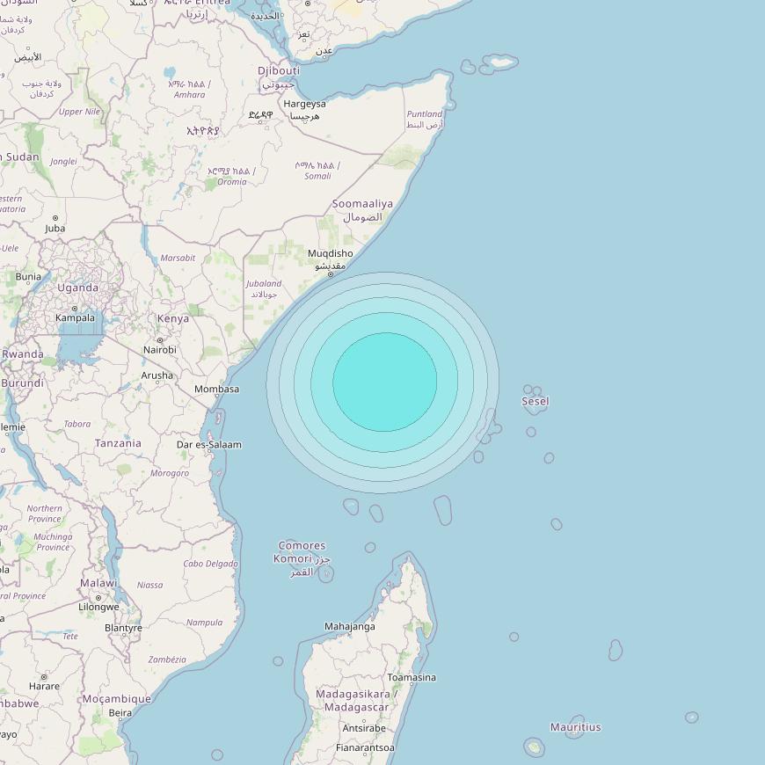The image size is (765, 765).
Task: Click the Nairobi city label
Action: point(160,350)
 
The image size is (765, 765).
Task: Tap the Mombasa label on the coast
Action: point(216,389)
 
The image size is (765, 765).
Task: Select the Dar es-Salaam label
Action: point(208,445)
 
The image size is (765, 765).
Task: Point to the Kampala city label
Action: point(75,317)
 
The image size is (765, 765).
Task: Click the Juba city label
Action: point(55,229)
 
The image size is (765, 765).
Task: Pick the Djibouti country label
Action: point(279,70)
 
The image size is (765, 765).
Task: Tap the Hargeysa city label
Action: point(304,104)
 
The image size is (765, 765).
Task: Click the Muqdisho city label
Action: point(330,254)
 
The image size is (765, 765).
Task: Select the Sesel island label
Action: point(535,402)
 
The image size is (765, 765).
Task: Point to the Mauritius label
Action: point(575,727)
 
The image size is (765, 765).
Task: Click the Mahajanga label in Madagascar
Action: point(349,627)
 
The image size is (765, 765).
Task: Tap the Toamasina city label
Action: point(412,678)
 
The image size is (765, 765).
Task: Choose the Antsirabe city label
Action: point(363,728)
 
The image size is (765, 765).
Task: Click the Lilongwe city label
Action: point(98,607)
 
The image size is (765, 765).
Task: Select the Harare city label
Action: point(44,686)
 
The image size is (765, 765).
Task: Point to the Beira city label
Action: point(120,713)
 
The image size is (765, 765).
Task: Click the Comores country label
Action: point(302,546)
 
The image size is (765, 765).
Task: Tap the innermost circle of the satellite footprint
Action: point(385,382)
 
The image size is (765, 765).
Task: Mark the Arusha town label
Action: point(157,375)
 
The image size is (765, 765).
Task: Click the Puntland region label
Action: point(425,114)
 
